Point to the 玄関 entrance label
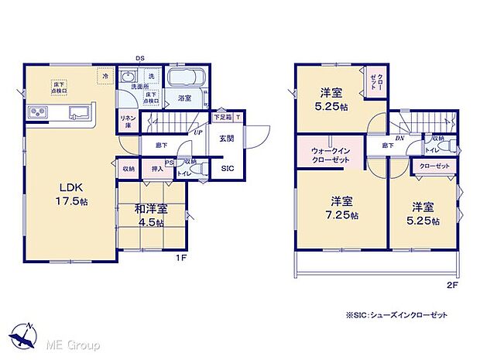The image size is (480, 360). (226, 139)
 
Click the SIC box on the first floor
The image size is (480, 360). (228, 169)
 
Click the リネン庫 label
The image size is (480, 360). (128, 119)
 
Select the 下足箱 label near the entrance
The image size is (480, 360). (222, 118)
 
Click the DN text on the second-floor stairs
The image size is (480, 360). (399, 139)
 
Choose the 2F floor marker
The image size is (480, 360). (451, 285)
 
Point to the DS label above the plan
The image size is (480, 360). (139, 58)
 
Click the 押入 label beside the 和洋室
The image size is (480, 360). (156, 168)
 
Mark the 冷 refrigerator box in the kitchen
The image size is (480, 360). (103, 76)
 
